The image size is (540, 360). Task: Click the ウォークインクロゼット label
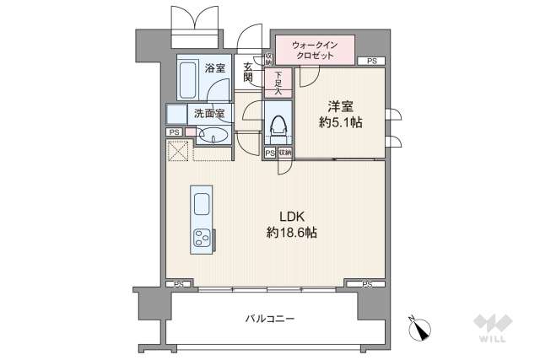(x=314, y=50)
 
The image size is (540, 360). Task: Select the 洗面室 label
(x=208, y=114)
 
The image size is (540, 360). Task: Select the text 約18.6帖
(x=284, y=232)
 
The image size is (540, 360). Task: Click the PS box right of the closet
(x=371, y=62)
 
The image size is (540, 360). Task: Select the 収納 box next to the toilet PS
(x=285, y=153)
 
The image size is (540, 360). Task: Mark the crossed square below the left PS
(x=177, y=150)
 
